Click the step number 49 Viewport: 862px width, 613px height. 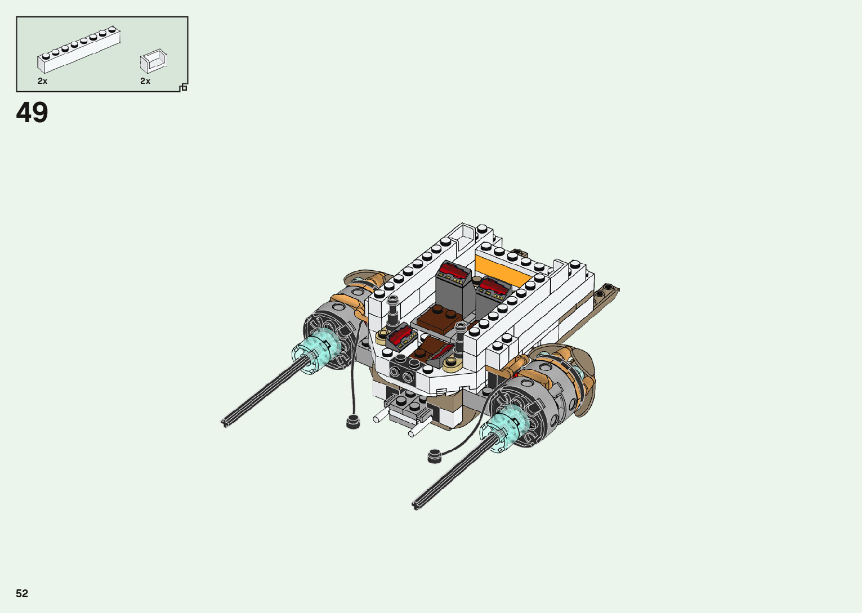(x=32, y=113)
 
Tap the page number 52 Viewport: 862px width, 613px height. (x=22, y=593)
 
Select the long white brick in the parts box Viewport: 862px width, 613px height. (x=79, y=50)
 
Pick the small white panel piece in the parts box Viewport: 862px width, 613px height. (x=154, y=61)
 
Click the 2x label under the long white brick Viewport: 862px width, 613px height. (x=42, y=81)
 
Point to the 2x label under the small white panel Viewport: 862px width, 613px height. (x=145, y=81)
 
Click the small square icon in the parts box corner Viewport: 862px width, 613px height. (x=184, y=88)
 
